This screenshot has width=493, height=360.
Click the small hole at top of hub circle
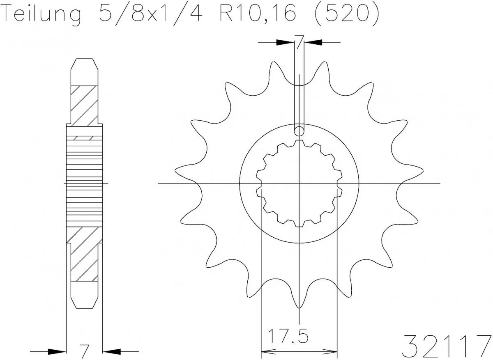pyautogui.click(x=299, y=131)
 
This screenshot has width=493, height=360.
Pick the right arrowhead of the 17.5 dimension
pyautogui.click(x=332, y=351)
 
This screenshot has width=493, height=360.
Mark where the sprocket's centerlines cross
pyautogui.click(x=299, y=183)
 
